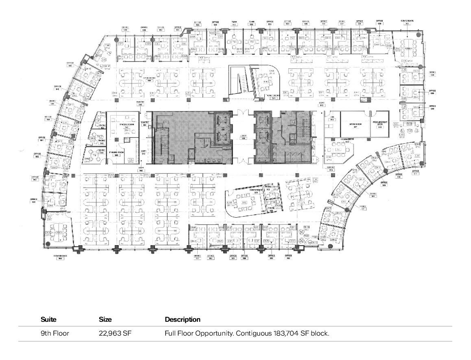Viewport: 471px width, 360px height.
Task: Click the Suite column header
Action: (x=48, y=320)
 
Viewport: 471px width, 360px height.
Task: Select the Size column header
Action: (x=105, y=320)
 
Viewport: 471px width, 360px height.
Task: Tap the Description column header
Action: (x=183, y=320)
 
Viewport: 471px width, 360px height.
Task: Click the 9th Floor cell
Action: (x=55, y=334)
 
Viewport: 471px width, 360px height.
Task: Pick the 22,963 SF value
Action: (x=115, y=334)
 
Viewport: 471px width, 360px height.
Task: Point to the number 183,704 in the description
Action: (x=286, y=334)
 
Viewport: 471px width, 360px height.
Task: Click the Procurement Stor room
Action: (x=379, y=124)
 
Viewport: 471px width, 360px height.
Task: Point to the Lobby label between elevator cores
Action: (x=243, y=137)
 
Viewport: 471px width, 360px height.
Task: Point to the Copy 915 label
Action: (x=321, y=104)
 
